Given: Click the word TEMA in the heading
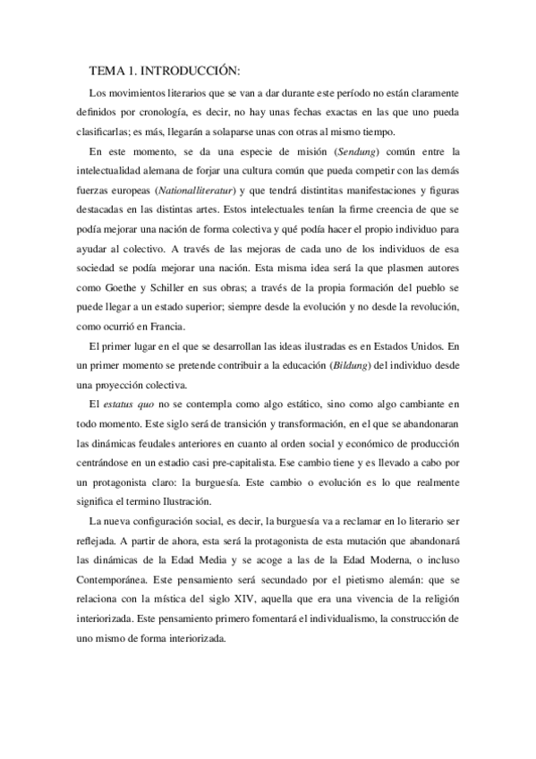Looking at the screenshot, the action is pyautogui.click(x=108, y=70).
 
